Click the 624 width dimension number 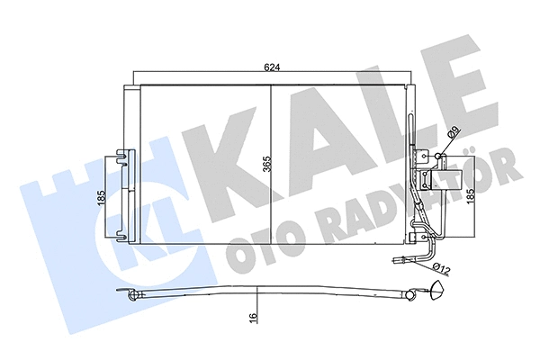click(x=272, y=67)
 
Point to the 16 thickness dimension click(x=256, y=318)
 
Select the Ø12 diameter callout click(x=443, y=266)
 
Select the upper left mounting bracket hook click(x=123, y=160)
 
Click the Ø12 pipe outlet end click(x=397, y=263)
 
